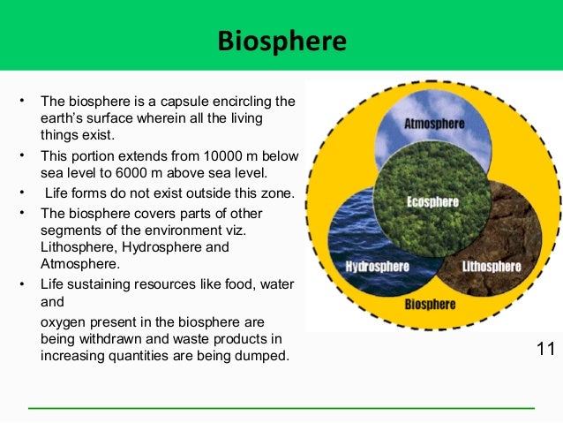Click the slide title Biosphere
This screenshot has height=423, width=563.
281,42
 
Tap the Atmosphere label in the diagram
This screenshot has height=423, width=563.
433,125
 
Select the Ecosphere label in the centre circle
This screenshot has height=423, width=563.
432,201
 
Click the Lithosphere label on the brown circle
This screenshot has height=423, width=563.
492,266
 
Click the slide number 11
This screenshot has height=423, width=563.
545,349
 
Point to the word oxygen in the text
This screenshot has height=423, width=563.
64,322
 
